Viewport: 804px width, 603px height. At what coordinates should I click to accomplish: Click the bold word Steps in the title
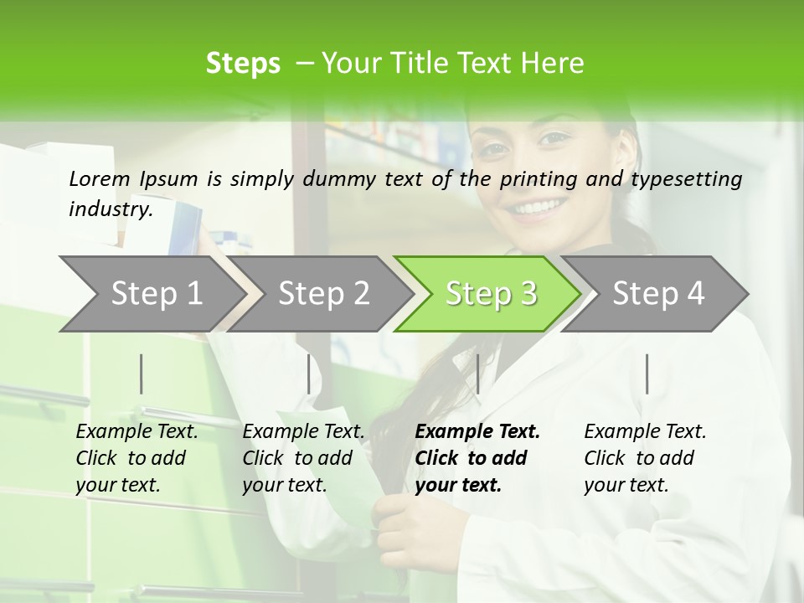click(243, 64)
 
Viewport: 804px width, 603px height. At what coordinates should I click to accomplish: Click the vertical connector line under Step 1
click(142, 374)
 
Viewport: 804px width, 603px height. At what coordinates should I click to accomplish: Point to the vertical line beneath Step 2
click(309, 374)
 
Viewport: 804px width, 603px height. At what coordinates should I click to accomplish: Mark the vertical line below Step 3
click(477, 374)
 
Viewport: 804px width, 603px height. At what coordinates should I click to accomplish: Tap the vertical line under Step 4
click(647, 374)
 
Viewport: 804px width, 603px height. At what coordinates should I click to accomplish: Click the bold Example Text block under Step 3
click(477, 458)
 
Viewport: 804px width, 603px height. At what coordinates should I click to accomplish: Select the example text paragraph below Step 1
click(137, 458)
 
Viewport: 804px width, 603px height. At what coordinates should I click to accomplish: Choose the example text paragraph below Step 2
click(303, 458)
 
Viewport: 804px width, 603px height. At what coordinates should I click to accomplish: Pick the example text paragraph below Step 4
click(645, 458)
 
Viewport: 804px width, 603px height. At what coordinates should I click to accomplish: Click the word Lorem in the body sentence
click(100, 178)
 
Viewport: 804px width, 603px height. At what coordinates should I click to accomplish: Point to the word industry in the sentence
click(110, 209)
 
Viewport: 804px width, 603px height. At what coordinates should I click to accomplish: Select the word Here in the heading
click(558, 64)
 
